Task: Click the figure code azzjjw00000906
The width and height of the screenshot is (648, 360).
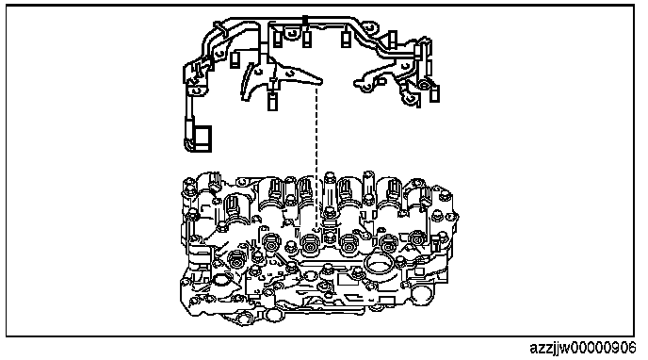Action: pyautogui.click(x=583, y=348)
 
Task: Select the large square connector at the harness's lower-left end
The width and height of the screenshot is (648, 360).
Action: pyautogui.click(x=202, y=139)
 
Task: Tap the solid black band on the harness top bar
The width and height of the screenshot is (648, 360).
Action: pyautogui.click(x=305, y=20)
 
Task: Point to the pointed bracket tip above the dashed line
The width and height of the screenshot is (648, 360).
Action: pyautogui.click(x=320, y=80)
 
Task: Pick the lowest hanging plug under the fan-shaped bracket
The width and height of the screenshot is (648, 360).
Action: pyautogui.click(x=272, y=101)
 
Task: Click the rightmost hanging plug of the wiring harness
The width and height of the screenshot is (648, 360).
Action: pyautogui.click(x=434, y=93)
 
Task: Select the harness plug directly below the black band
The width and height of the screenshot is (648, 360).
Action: pyautogui.click(x=306, y=39)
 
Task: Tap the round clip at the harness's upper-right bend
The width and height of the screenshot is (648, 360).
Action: pyautogui.click(x=371, y=27)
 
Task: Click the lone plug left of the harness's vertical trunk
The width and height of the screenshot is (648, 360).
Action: pyautogui.click(x=235, y=59)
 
